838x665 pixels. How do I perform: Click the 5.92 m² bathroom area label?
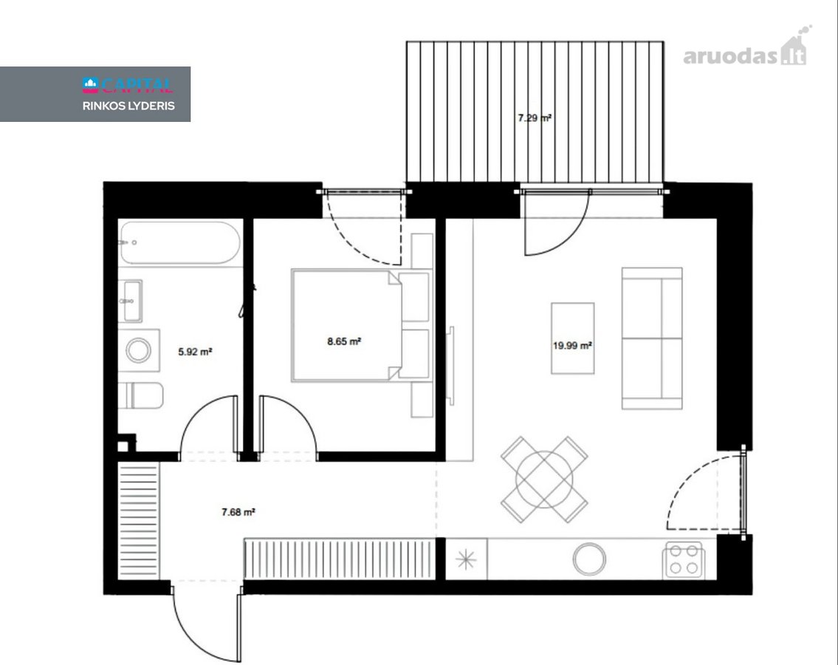pos(195,352)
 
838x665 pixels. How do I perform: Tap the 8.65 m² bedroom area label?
pos(344,341)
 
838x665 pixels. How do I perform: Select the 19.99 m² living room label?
pos(572,346)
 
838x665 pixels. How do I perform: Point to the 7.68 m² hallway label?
pos(238,512)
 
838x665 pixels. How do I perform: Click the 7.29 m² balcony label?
pos(535,117)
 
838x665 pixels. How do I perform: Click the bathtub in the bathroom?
pos(180,243)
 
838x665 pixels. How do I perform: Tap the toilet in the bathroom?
pos(140,396)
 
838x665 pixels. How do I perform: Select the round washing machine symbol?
pos(139,350)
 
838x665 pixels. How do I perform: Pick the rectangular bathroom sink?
pos(130,301)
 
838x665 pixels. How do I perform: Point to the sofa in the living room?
pos(652,338)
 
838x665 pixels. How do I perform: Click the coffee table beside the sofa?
pos(572,338)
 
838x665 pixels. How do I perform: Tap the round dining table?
pos(544,480)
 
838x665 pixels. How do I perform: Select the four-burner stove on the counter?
pos(684,559)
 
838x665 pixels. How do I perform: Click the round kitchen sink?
pos(589,559)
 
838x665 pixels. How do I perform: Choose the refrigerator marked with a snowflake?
pos(466,559)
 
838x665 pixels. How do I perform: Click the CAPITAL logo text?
pos(128,84)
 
